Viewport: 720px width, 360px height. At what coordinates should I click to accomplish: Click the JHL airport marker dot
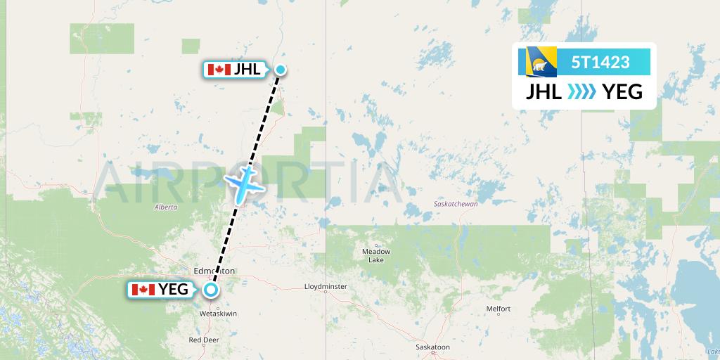281,69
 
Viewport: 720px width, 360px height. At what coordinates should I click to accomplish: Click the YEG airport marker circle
211,289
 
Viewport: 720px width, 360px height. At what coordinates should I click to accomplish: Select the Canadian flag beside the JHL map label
219,69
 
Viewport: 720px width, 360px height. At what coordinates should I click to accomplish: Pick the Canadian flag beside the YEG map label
143,289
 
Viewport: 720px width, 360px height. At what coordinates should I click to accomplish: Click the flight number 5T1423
600,62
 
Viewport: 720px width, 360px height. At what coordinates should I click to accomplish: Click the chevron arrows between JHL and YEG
581,91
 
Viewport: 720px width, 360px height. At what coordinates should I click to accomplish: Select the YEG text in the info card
622,91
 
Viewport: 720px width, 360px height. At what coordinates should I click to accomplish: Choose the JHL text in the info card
544,91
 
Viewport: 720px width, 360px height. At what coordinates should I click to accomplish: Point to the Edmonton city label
214,271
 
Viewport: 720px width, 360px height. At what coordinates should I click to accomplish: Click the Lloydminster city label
326,287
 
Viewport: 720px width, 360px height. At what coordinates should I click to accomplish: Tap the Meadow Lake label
375,255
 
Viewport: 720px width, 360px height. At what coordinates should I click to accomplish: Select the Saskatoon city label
432,347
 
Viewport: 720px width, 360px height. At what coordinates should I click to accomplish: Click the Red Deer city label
204,340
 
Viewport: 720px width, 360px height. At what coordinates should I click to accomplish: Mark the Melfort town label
498,309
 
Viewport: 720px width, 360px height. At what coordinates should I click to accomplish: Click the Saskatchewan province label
456,204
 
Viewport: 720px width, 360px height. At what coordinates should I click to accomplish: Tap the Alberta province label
165,207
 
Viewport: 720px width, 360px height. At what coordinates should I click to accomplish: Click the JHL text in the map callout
248,69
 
